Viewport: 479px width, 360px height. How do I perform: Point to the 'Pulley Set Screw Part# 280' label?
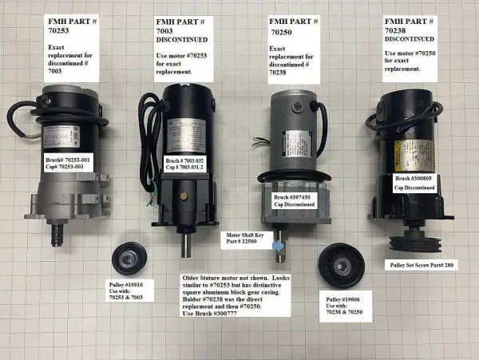tap(422, 263)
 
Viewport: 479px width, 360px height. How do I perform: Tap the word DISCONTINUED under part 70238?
tap(410, 38)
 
